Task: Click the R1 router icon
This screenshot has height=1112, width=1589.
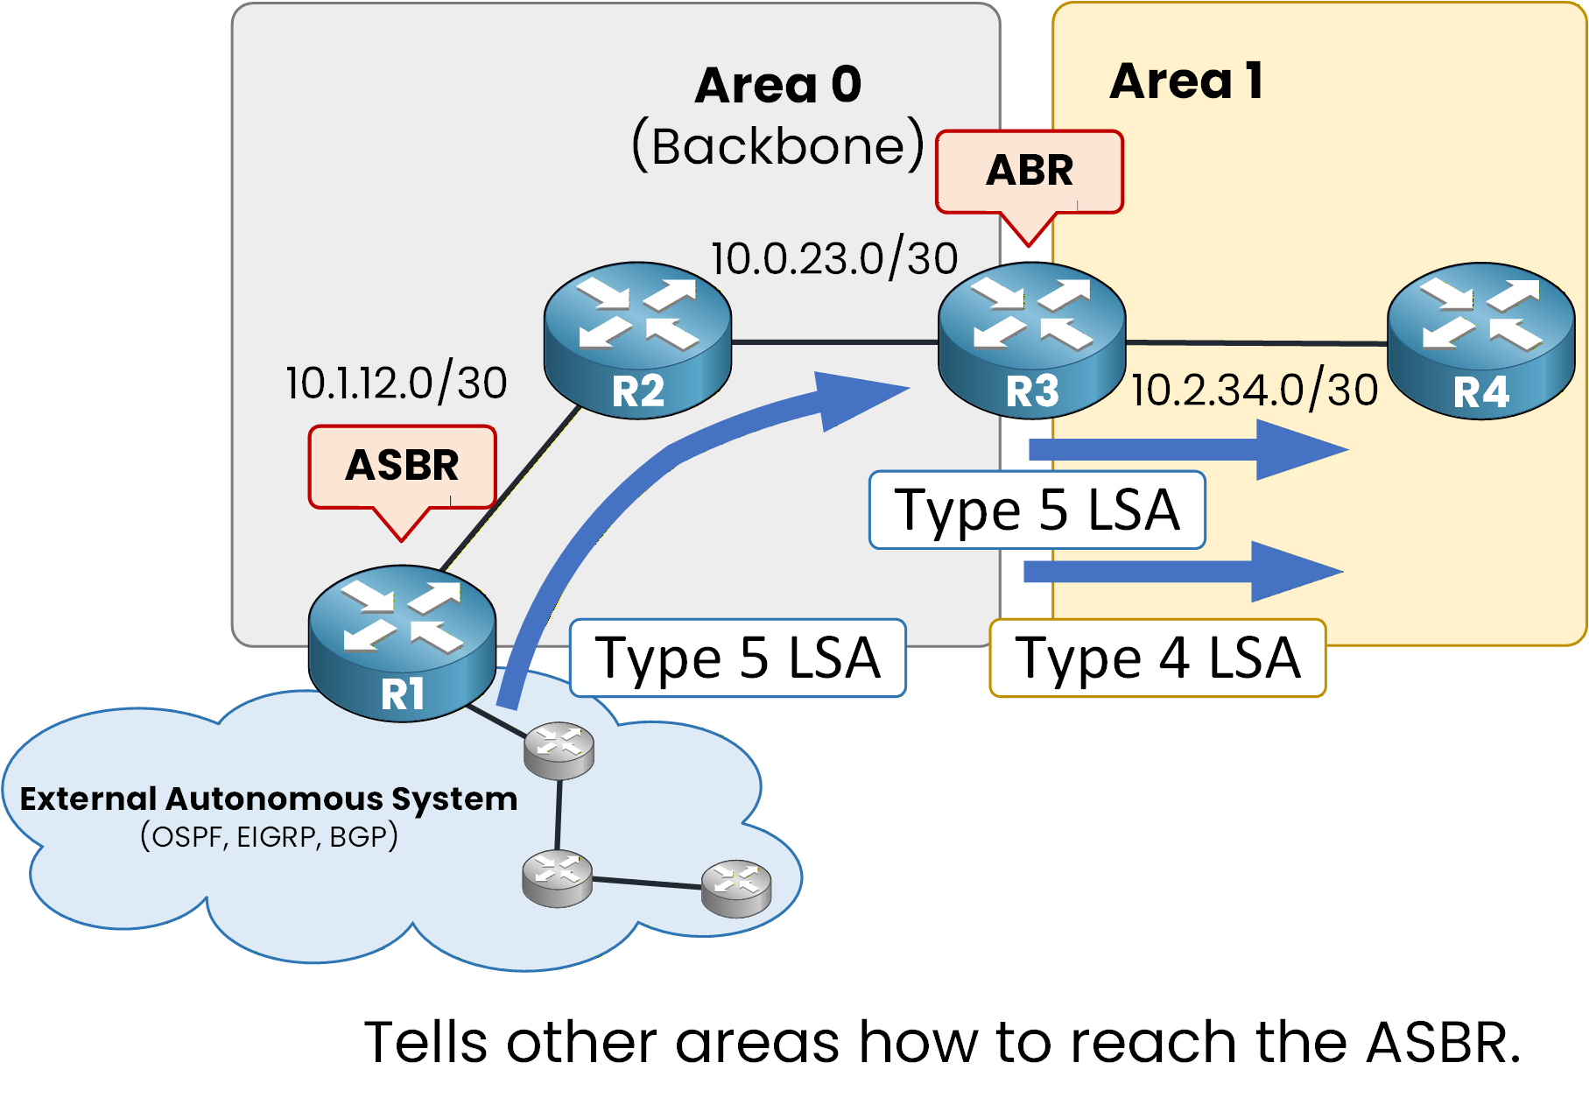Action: (402, 644)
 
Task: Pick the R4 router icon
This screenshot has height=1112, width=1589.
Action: (1480, 341)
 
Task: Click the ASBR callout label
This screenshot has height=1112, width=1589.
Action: (402, 466)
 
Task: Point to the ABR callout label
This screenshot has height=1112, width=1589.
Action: (1030, 171)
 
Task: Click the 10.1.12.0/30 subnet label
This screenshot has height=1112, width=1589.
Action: (396, 384)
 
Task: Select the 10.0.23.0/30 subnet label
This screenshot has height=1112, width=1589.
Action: (833, 259)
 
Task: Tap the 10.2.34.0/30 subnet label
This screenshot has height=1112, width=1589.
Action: (1254, 391)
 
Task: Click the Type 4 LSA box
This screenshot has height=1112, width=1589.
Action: (1157, 658)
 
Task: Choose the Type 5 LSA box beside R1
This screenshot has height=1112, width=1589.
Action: (737, 658)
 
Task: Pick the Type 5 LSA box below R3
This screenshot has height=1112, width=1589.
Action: (1037, 510)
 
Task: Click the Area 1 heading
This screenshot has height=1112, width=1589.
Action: (1185, 81)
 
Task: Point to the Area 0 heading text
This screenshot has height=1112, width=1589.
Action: (777, 86)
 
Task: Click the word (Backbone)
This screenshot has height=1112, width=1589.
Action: (777, 146)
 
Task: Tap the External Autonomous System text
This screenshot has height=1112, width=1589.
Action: (268, 799)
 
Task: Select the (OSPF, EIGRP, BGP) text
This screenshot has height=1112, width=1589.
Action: (269, 837)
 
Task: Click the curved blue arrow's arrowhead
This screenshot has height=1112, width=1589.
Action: (854, 398)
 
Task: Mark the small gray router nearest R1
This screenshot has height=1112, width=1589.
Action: (559, 750)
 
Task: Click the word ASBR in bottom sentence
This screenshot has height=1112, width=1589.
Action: (1442, 1043)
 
